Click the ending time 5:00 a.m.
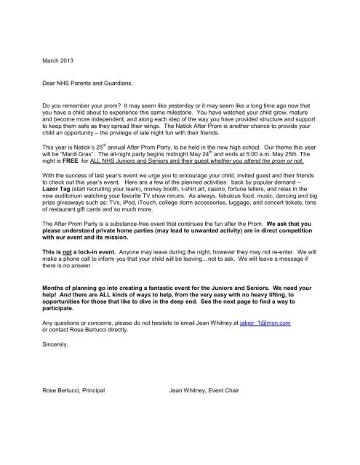tap(247, 176)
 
